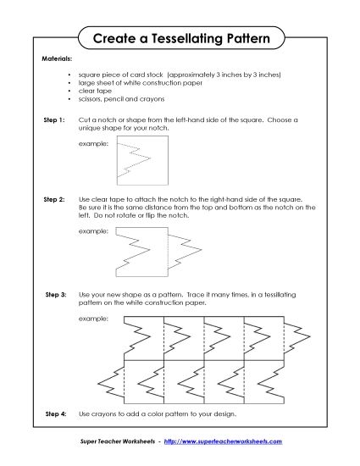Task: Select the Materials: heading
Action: click(57, 60)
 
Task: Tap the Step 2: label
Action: click(54, 199)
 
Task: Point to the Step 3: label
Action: click(55, 294)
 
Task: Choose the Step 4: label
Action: click(55, 414)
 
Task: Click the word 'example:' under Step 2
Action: click(93, 230)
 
